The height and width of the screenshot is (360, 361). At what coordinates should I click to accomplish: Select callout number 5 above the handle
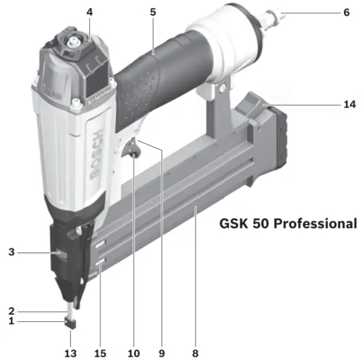click(152, 12)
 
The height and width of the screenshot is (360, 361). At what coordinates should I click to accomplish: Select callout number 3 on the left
click(11, 252)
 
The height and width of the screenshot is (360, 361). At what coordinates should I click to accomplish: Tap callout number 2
click(11, 309)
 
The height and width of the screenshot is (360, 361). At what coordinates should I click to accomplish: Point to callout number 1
click(11, 321)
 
